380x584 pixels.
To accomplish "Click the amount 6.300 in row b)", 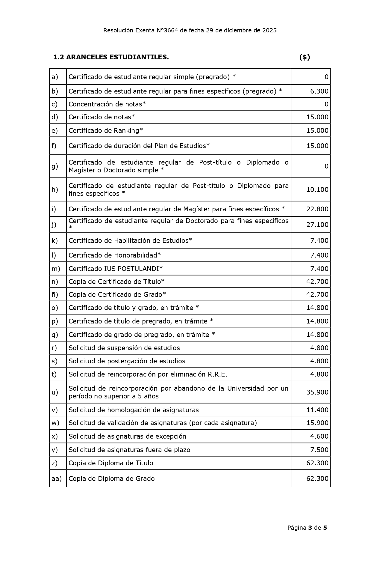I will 319,91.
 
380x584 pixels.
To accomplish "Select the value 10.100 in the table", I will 317,189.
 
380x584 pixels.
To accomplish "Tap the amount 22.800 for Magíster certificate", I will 317,209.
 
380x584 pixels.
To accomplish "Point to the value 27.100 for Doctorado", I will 317,225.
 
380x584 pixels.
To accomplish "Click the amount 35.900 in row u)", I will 317,392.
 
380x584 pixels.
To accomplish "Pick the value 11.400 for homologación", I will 317,410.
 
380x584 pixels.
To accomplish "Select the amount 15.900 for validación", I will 317,423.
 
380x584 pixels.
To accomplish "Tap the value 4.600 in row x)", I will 319,436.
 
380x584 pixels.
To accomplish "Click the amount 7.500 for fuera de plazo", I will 319,450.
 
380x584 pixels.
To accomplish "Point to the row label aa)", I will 56,478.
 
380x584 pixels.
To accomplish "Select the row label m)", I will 56,269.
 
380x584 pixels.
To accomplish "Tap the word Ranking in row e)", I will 126,131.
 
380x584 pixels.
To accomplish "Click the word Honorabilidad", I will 136,255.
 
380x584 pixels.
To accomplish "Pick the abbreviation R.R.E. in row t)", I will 217,374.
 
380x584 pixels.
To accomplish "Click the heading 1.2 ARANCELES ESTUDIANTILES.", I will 111,57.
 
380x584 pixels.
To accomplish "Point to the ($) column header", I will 305,57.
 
